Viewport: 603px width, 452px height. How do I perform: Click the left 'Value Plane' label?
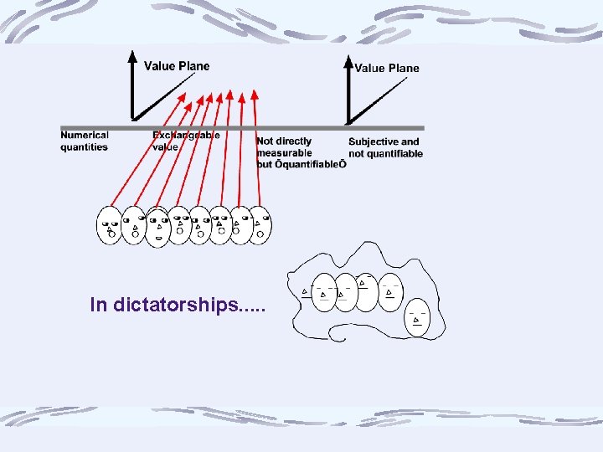[x=177, y=66]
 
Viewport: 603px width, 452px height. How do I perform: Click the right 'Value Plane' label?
[x=387, y=69]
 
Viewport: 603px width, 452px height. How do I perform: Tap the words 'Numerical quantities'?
[x=85, y=141]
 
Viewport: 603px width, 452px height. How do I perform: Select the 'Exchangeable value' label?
[x=185, y=141]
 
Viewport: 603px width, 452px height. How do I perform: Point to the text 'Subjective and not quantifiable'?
[x=385, y=147]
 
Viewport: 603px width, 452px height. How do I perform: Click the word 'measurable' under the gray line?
[x=285, y=153]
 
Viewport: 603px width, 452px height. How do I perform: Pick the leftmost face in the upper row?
[x=111, y=224]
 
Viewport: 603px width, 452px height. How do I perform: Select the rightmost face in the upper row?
[x=260, y=224]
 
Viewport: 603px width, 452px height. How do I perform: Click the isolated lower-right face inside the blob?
[x=417, y=318]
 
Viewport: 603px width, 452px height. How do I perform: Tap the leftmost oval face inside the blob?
[x=323, y=293]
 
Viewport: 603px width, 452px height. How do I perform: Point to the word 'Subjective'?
[x=374, y=141]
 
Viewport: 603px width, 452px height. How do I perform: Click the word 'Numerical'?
[x=85, y=136]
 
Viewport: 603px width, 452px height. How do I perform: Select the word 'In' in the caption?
[x=98, y=305]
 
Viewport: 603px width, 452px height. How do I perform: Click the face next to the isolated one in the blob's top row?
[x=390, y=291]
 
